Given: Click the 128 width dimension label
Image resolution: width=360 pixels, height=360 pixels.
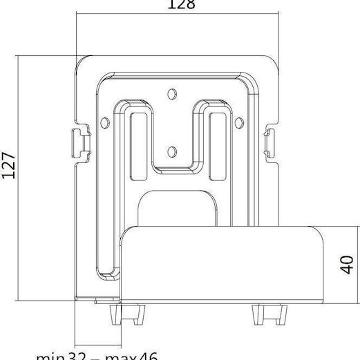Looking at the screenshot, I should coord(181,5).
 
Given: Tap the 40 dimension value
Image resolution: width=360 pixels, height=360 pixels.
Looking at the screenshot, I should coord(348,263).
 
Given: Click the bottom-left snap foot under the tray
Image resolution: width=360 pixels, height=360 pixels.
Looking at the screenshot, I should coord(115,315).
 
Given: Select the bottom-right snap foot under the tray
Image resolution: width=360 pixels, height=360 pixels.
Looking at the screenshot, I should coord(261,315).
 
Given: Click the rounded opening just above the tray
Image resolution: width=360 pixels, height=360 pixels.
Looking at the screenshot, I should coord(177,207).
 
